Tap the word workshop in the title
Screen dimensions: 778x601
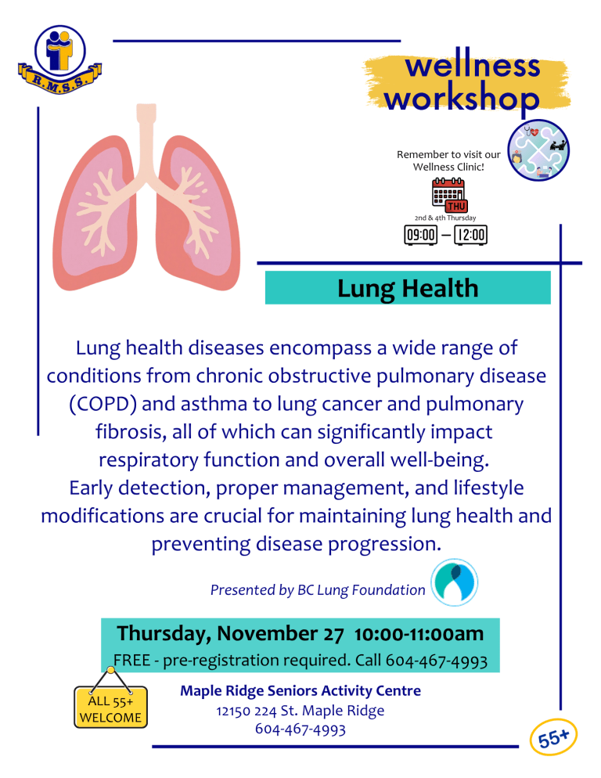[x=462, y=99]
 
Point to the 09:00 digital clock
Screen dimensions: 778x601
[x=419, y=234]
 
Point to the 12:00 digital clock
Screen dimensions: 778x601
[x=471, y=234]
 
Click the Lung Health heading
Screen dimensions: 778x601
[x=408, y=288]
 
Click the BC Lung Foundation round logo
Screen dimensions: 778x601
[x=454, y=582]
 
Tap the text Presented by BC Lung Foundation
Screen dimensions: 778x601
[x=318, y=590]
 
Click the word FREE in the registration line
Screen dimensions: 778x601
[x=133, y=661]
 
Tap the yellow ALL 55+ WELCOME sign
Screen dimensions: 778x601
[x=110, y=708]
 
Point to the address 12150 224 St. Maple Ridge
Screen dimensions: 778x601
[x=300, y=711]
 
